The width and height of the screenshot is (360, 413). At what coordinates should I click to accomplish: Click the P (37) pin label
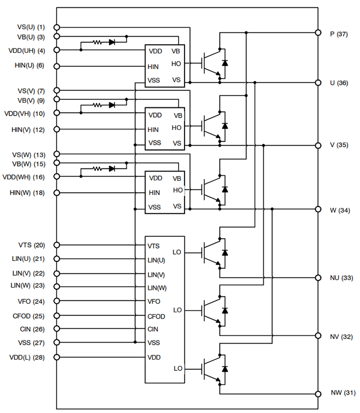(x=338, y=34)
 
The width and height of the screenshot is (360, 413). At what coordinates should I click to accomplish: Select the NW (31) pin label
(x=343, y=393)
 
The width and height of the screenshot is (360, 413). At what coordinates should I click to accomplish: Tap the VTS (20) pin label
(x=32, y=245)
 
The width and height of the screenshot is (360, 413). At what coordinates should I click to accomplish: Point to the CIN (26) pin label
(x=32, y=329)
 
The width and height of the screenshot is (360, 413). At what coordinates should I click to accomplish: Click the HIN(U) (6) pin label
(x=30, y=66)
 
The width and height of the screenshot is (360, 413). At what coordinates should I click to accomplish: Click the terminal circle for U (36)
(x=317, y=82)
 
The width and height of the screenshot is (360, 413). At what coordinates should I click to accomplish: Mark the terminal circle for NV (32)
(x=317, y=336)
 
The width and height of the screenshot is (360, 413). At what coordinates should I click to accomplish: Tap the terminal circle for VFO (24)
(x=57, y=301)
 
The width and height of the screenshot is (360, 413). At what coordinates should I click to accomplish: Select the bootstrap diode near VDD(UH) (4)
(x=112, y=42)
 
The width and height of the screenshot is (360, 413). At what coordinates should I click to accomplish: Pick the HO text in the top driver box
(x=176, y=64)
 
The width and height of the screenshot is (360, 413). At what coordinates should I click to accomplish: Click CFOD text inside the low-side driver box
(x=156, y=315)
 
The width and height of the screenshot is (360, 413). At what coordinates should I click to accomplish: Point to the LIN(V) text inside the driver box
(x=156, y=275)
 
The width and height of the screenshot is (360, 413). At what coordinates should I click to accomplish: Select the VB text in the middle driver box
(x=177, y=116)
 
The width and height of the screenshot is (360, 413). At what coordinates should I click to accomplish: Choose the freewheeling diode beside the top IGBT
(x=224, y=63)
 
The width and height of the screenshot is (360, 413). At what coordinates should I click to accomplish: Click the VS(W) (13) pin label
(x=30, y=155)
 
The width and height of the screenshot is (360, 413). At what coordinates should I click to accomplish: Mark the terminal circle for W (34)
(x=317, y=209)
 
